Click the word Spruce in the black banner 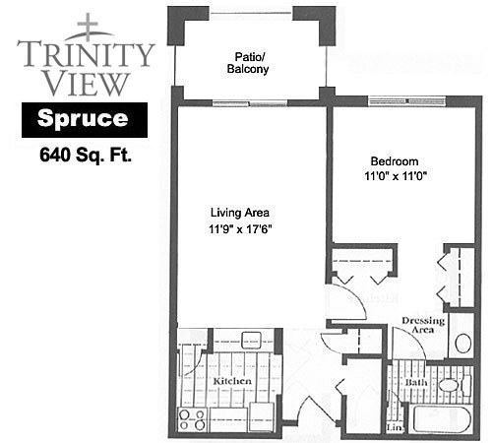[83, 118]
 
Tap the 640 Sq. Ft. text [86, 155]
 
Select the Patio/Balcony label [248, 63]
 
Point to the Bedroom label [395, 161]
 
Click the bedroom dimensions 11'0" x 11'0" [395, 176]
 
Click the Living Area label [240, 213]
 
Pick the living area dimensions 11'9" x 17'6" [240, 228]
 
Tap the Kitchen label [232, 381]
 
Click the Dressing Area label [423, 325]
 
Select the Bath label [416, 382]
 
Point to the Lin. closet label [395, 427]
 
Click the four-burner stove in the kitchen [192, 419]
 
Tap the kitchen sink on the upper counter [251, 340]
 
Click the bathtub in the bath [442, 419]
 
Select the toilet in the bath [455, 385]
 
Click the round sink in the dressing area [463, 343]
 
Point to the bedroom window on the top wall [406, 100]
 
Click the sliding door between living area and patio [250, 103]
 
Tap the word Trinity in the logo [86, 53]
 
